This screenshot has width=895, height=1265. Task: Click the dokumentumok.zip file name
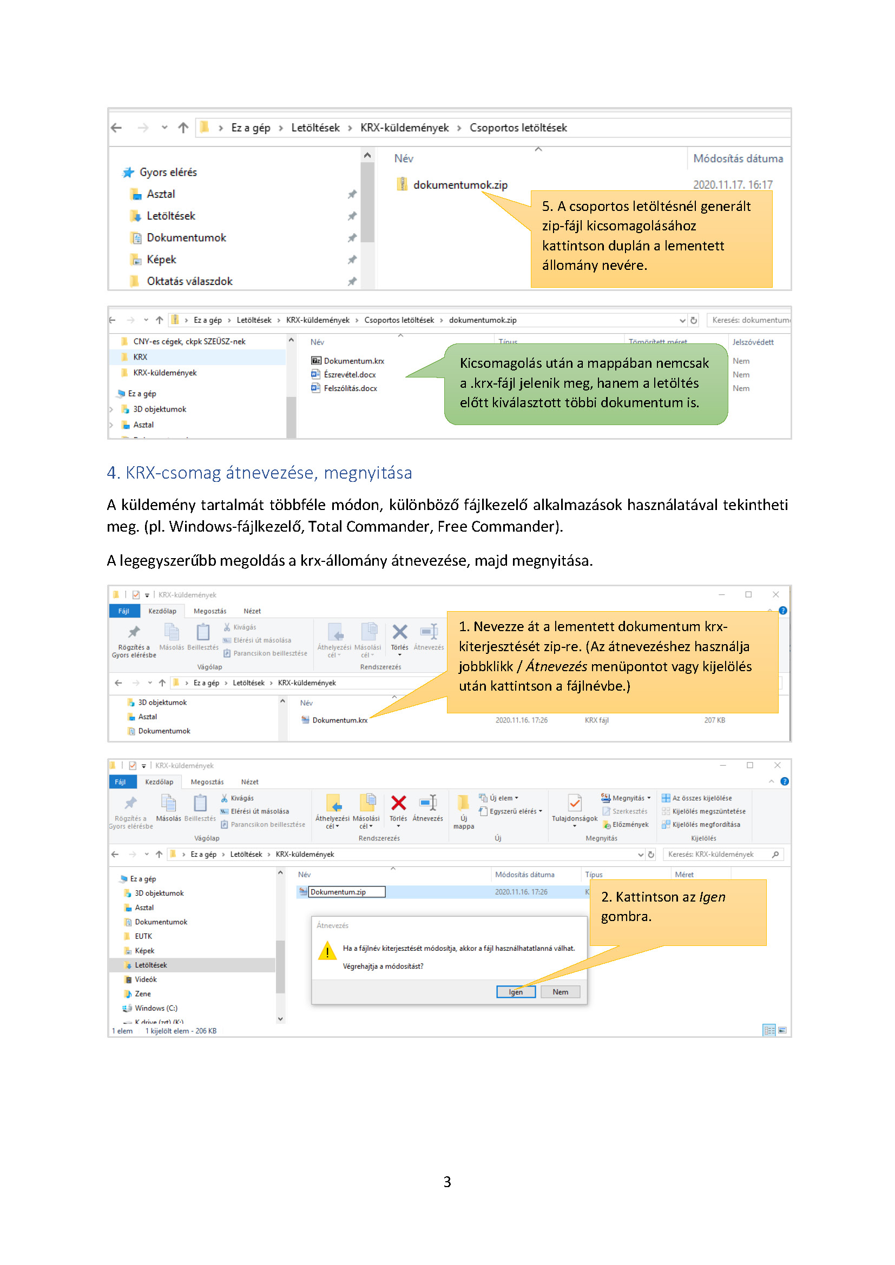pyautogui.click(x=459, y=185)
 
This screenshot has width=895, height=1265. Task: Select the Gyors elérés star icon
pyautogui.click(x=128, y=173)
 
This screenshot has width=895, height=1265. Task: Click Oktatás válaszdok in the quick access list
pyautogui.click(x=189, y=281)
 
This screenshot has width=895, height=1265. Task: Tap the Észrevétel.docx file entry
pyautogui.click(x=350, y=375)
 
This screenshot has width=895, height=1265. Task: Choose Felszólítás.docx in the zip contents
pyautogui.click(x=350, y=388)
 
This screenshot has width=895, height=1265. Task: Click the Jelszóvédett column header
pyautogui.click(x=752, y=342)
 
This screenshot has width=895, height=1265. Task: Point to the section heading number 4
pyautogui.click(x=112, y=473)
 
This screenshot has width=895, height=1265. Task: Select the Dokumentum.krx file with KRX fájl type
pyautogui.click(x=339, y=720)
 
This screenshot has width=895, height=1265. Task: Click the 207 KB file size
pyautogui.click(x=714, y=720)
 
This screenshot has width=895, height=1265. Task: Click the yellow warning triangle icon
pyautogui.click(x=327, y=951)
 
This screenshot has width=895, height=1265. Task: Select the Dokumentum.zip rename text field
pyautogui.click(x=346, y=892)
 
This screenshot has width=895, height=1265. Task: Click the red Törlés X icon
pyautogui.click(x=398, y=803)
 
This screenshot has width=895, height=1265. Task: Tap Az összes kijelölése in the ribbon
pyautogui.click(x=702, y=798)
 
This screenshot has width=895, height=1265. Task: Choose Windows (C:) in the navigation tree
pyautogui.click(x=156, y=1008)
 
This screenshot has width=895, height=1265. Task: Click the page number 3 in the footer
pyautogui.click(x=447, y=1182)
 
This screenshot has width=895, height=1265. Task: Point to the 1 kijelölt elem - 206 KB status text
pyautogui.click(x=181, y=1031)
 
